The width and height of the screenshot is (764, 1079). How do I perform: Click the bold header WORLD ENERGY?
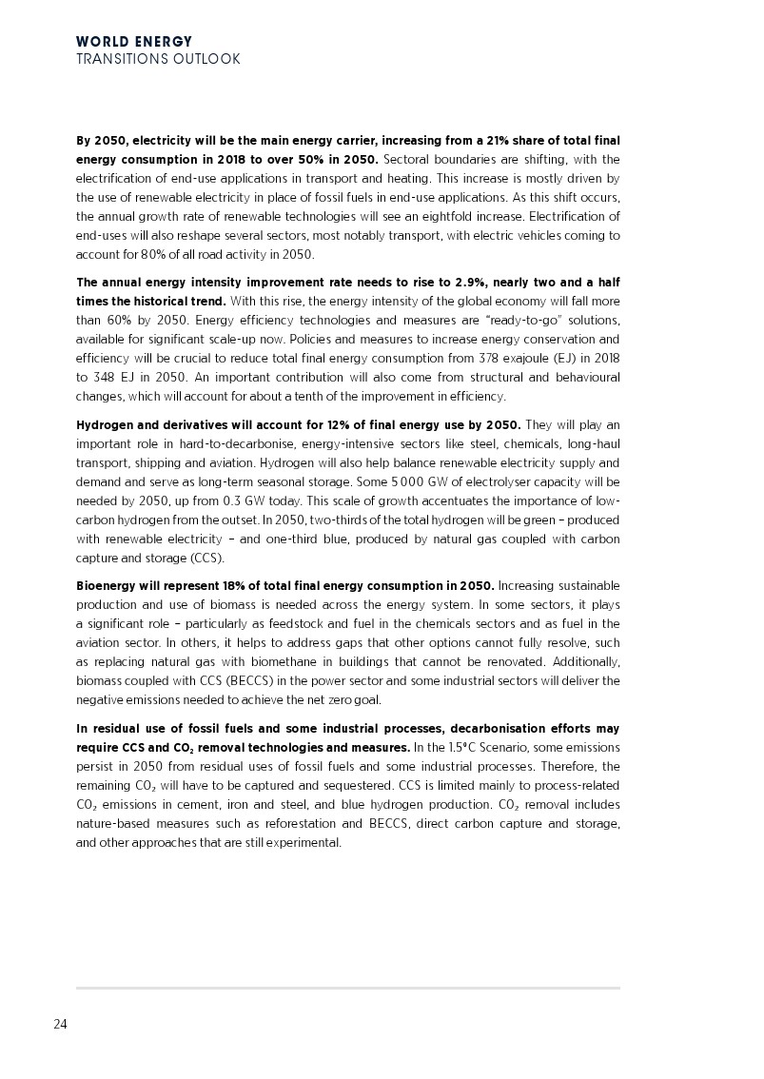pyautogui.click(x=134, y=42)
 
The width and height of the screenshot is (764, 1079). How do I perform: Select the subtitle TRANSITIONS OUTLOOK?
pyautogui.click(x=158, y=59)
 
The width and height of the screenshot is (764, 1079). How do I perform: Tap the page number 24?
pyautogui.click(x=60, y=1025)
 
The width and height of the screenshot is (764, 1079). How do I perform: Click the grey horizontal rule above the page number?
pyautogui.click(x=348, y=988)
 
